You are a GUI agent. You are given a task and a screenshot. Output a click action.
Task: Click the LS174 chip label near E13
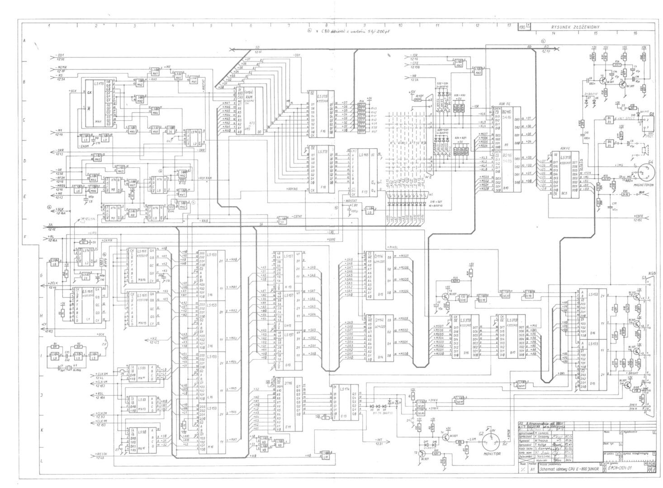[345, 389]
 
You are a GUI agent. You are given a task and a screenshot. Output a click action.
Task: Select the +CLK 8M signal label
[102, 374]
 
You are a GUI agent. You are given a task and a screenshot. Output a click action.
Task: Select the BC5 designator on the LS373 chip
[564, 193]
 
